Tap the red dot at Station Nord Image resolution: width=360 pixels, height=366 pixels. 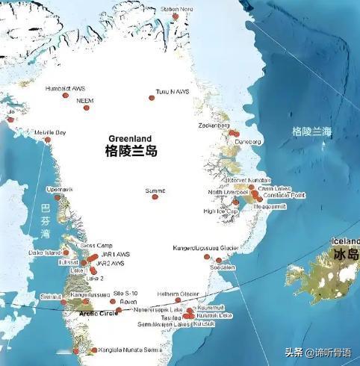pos(175,16)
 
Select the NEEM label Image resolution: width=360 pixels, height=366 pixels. pos(85,99)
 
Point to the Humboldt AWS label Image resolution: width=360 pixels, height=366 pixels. pos(64,89)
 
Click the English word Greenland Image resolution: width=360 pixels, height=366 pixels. pos(130,139)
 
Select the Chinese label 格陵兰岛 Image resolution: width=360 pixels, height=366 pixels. pos(131,152)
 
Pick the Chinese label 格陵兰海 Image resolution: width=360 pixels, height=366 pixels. pos(311,132)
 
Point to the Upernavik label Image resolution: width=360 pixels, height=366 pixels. pos(59,190)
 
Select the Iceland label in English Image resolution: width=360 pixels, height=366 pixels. pos(344,242)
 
